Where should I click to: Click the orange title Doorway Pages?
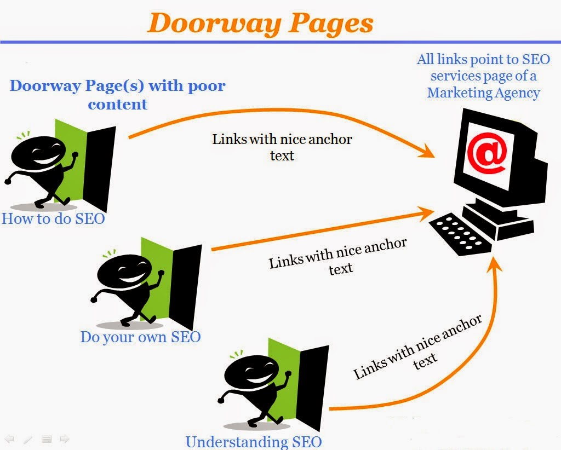point(260,23)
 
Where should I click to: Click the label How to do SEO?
point(53,218)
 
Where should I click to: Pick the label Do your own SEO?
point(140,336)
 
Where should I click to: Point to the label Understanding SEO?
point(254,442)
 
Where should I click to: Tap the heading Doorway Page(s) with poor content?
point(118,95)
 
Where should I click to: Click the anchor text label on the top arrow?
point(282,147)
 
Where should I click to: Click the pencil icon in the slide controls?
point(28,439)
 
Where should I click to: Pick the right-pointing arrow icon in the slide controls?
point(65,439)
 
